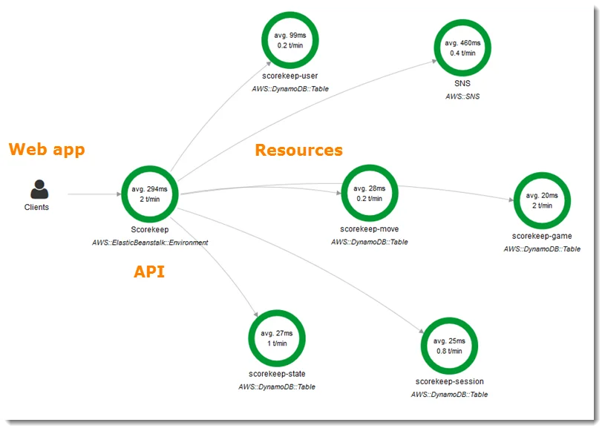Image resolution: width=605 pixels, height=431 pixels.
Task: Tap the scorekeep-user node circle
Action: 290,40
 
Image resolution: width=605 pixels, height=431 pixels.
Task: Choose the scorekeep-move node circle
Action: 369,194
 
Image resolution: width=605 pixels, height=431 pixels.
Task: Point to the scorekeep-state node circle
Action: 277,339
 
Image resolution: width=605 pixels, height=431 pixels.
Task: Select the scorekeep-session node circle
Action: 449,346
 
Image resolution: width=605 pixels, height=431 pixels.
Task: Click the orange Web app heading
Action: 47,149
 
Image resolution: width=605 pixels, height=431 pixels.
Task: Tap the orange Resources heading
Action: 298,150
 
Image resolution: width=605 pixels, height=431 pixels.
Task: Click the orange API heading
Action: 148,272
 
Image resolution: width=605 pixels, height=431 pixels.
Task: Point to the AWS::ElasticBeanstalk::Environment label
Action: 150,242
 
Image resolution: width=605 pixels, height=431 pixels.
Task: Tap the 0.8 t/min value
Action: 449,351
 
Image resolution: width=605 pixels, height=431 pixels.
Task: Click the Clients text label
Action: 36,207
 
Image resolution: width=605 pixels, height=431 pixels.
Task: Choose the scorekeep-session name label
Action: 449,381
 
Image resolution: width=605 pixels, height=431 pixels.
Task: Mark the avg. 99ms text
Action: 290,35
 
